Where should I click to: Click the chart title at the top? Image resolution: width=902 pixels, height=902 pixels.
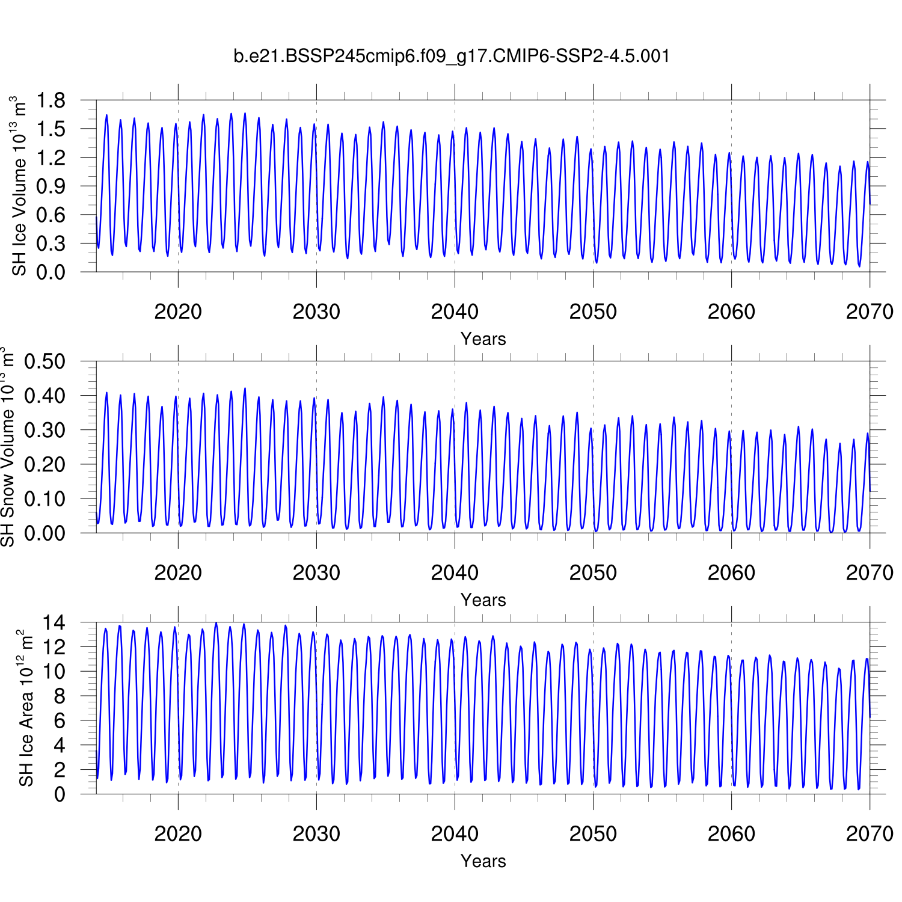point(451,56)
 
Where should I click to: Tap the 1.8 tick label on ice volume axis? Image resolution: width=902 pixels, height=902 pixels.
point(51,100)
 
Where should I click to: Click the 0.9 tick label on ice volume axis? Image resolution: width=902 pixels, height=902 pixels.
point(51,186)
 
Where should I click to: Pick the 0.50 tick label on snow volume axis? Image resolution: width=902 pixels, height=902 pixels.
point(44,362)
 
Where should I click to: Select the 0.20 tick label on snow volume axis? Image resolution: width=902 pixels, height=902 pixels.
point(44,465)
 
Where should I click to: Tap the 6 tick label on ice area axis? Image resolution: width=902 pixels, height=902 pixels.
point(59,721)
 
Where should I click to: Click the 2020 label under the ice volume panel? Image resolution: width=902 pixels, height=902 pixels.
point(178,311)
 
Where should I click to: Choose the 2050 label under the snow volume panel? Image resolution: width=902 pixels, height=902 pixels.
point(593,572)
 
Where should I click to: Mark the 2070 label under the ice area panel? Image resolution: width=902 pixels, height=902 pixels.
point(870,833)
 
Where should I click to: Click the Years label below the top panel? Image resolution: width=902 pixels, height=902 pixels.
point(483,339)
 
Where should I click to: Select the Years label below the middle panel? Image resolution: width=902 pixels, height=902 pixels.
point(483,600)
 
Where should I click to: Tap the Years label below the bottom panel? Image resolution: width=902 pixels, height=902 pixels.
point(483,861)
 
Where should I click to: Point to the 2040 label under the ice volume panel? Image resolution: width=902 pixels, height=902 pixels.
point(455,311)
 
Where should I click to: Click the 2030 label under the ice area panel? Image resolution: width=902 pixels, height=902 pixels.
point(316,833)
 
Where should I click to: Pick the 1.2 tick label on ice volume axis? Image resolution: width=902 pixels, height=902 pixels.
point(51,158)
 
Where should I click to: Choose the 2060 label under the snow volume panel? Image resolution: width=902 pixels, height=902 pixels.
point(731,572)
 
